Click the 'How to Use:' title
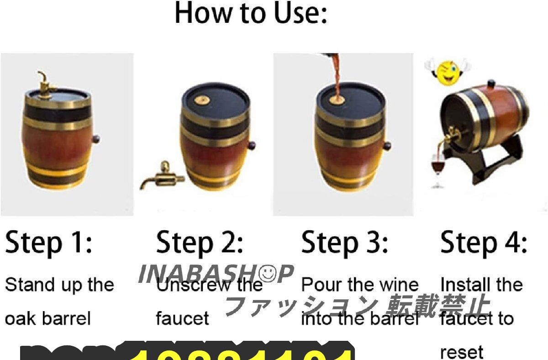(251, 14)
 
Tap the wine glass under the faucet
(438, 169)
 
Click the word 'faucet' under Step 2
(182, 318)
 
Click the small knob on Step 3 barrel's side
(387, 146)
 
